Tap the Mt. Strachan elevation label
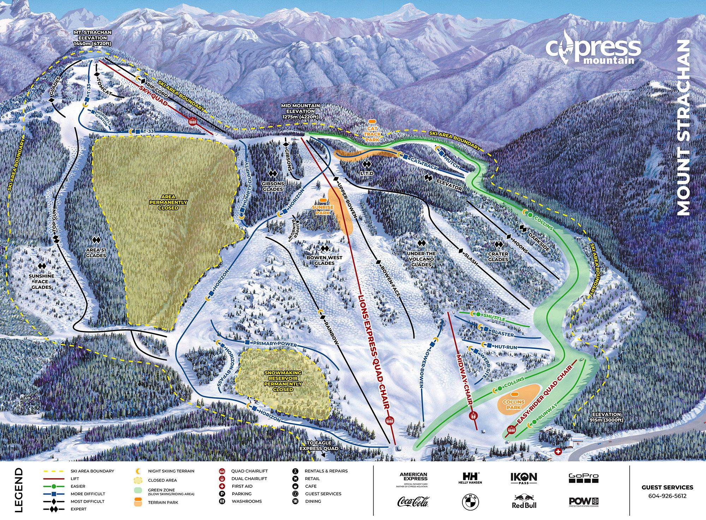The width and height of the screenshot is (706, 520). [92, 38]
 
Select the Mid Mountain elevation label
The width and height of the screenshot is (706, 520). [300, 111]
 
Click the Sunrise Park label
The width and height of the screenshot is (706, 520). [323, 210]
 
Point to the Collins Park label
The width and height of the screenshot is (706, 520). [514, 404]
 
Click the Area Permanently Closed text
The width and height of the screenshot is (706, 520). [168, 202]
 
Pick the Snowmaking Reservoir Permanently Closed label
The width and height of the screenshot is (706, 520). [283, 381]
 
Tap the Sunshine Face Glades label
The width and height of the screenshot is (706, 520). [42, 281]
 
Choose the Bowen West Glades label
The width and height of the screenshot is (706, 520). [324, 260]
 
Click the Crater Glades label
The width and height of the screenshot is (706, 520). [498, 256]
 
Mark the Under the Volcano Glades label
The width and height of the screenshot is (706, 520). [421, 259]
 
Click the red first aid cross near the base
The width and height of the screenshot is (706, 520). [558, 452]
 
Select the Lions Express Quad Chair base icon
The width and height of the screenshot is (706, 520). [390, 420]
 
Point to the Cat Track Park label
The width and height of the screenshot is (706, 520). [372, 134]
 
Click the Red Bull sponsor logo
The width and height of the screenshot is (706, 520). [524, 502]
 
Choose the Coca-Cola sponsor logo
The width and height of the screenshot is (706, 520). [413, 502]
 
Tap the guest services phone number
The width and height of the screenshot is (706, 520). [667, 496]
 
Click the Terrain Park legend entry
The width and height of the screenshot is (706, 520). [163, 502]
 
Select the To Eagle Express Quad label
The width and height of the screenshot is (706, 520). [319, 446]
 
